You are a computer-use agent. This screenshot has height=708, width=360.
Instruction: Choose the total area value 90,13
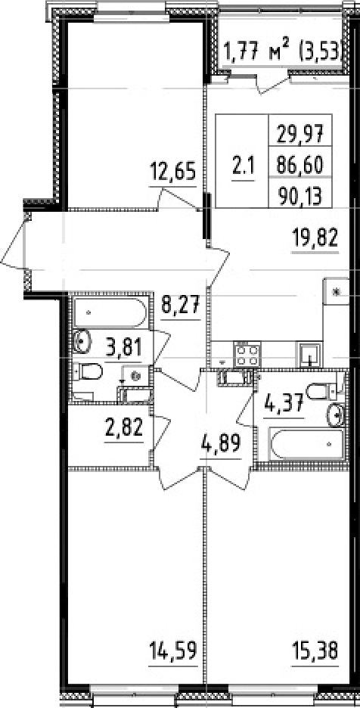coord(299,196)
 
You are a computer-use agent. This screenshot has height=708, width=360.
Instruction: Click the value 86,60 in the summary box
coord(299,166)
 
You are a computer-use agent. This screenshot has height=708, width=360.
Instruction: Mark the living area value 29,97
coord(299,135)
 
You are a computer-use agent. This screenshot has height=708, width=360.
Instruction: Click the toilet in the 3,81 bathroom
coord(90,372)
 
